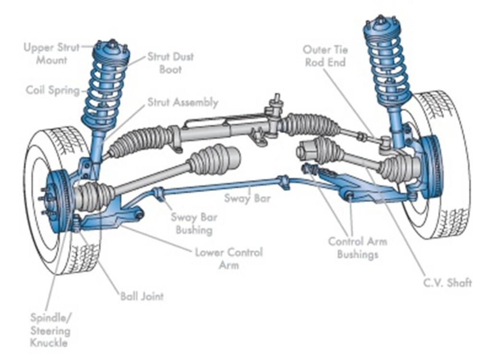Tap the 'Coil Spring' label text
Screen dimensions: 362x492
click(x=52, y=90)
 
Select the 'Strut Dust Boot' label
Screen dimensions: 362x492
click(x=170, y=63)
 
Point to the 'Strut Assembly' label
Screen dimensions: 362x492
click(x=183, y=102)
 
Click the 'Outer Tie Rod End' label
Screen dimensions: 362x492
click(x=325, y=56)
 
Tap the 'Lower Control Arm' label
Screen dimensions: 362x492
click(x=229, y=258)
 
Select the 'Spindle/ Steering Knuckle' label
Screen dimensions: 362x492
click(x=50, y=330)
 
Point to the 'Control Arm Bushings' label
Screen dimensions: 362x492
click(x=357, y=248)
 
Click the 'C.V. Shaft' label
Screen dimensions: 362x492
click(x=447, y=282)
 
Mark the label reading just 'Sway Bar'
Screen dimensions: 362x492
click(x=247, y=198)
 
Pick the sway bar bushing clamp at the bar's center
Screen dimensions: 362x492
click(x=283, y=182)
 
